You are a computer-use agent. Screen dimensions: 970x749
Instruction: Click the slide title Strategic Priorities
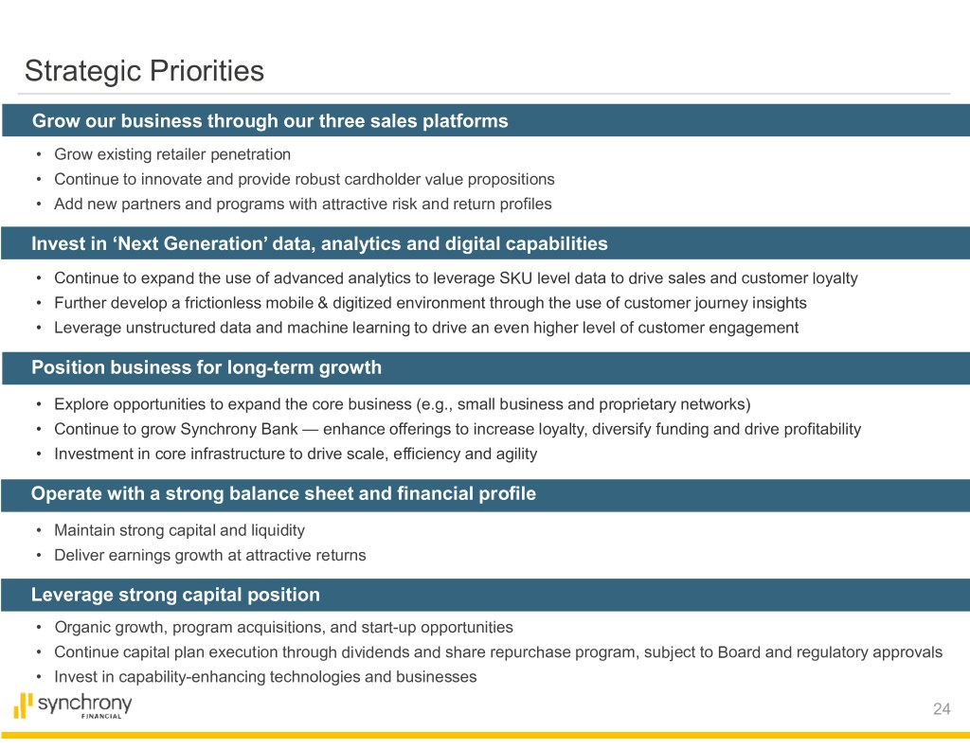[x=144, y=71]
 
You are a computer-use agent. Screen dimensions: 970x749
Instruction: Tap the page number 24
[x=942, y=709]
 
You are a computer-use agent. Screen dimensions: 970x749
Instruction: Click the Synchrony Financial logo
[x=73, y=705]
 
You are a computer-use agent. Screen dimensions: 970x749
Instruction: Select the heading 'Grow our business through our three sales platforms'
[x=270, y=120]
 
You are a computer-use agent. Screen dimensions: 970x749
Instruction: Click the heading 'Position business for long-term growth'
[x=207, y=367]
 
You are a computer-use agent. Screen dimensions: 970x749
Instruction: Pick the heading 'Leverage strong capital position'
[x=175, y=595]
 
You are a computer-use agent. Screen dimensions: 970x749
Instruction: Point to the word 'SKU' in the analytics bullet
[x=516, y=277]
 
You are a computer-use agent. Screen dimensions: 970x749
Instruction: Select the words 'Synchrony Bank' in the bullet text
[x=238, y=429]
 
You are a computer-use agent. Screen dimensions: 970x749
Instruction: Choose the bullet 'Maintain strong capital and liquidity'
[x=179, y=530]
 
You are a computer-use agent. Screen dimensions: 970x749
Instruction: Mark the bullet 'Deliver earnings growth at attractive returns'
[x=210, y=556]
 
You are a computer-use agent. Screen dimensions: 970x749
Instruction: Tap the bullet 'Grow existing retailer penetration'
[x=172, y=154]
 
